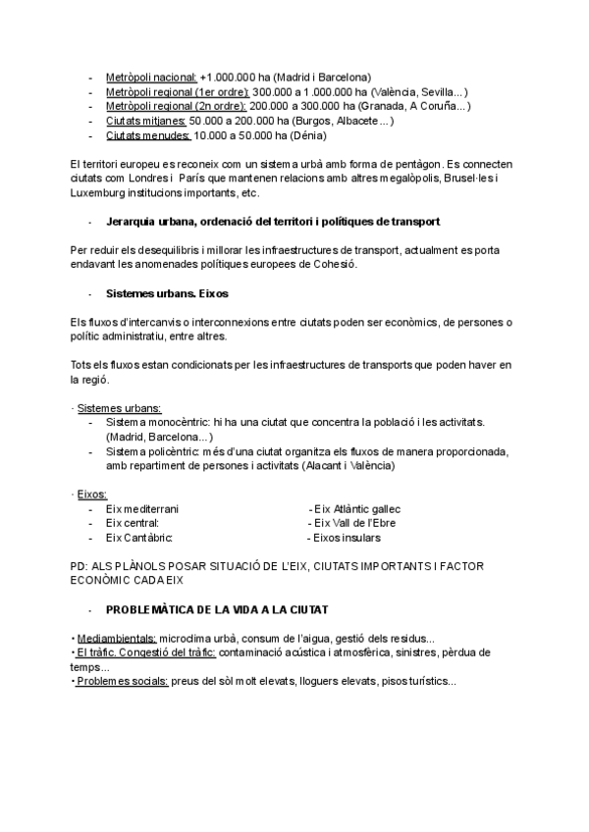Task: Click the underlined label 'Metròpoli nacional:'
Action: click(x=150, y=77)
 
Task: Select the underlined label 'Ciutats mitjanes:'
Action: click(x=145, y=121)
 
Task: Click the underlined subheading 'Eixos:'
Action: click(x=91, y=494)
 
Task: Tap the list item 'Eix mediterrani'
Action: click(x=142, y=509)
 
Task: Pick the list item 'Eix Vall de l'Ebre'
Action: click(x=354, y=524)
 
